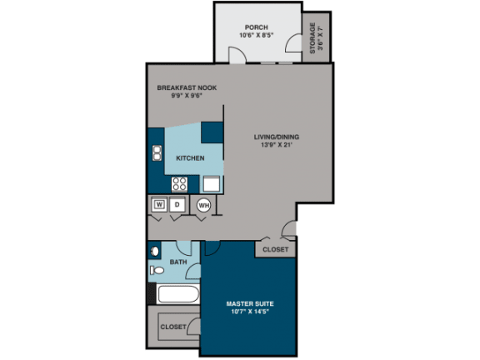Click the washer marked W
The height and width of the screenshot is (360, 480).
(159, 204)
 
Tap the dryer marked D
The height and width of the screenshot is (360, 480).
(177, 204)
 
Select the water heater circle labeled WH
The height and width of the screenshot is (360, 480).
(204, 205)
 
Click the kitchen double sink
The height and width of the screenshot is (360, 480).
(157, 153)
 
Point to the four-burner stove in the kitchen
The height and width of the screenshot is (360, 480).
(179, 184)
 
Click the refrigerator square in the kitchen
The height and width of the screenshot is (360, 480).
(212, 183)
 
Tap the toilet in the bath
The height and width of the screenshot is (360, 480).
(157, 270)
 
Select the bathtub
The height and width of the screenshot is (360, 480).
(177, 294)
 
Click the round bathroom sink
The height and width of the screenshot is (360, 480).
(155, 252)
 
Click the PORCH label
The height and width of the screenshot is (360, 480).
(256, 27)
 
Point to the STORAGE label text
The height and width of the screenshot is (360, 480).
(312, 38)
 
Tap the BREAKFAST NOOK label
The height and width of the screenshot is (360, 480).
(187, 87)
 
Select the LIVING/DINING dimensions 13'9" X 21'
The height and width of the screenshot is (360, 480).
(276, 144)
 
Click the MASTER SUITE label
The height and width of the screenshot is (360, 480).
(250, 303)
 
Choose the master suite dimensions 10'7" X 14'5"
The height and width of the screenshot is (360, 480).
(250, 312)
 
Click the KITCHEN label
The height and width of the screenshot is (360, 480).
(190, 158)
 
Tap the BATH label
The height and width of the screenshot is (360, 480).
(178, 262)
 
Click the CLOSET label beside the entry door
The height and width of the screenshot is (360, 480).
(276, 249)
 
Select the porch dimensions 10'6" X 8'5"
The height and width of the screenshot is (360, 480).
(256, 35)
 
